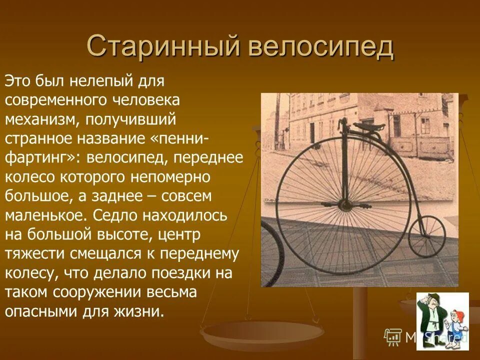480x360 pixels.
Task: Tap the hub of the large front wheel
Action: tap(344, 204)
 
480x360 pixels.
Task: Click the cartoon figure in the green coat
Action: tap(431, 320)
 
